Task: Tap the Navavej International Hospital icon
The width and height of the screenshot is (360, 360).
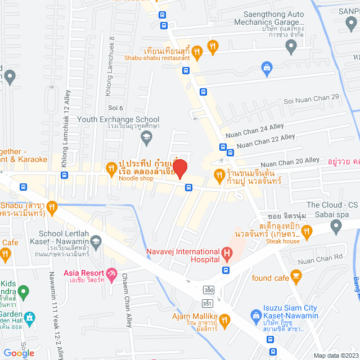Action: point(227,255)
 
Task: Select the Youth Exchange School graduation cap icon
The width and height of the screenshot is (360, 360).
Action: point(146,136)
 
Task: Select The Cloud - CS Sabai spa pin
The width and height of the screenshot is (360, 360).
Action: point(336,227)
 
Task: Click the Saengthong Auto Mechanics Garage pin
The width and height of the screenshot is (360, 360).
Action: point(291,48)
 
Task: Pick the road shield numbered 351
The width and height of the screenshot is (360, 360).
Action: point(208,303)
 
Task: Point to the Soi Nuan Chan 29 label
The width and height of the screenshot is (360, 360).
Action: point(312,98)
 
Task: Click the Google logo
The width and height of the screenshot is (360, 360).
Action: point(19,353)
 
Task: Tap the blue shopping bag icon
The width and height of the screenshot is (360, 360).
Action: point(268,69)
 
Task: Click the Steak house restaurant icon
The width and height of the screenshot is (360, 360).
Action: point(307,230)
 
